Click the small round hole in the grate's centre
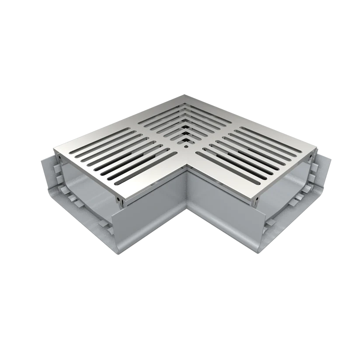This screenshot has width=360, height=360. pos(186,147)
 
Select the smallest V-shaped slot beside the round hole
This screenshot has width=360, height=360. pos(187,141)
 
